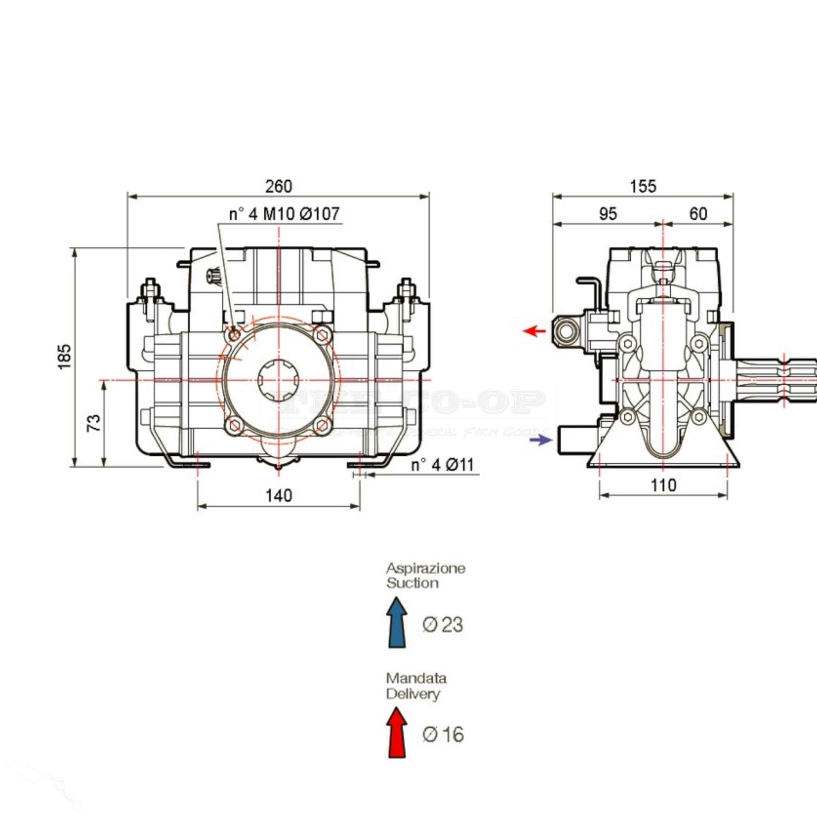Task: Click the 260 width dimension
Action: pyautogui.click(x=278, y=186)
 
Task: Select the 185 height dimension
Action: pyautogui.click(x=65, y=357)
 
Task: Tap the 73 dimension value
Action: pyautogui.click(x=94, y=422)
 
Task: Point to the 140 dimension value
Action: pyautogui.click(x=279, y=495)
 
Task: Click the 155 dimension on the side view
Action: pyautogui.click(x=643, y=186)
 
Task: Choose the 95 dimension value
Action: pyautogui.click(x=608, y=214)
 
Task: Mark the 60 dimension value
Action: pyautogui.click(x=698, y=214)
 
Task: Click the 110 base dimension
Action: pyautogui.click(x=663, y=485)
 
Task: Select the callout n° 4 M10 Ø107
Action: pyautogui.click(x=284, y=214)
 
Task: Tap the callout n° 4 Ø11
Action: pyautogui.click(x=442, y=465)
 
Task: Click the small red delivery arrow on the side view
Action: pyautogui.click(x=535, y=331)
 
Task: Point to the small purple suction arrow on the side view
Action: pyautogui.click(x=541, y=440)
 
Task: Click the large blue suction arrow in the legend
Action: pyautogui.click(x=397, y=622)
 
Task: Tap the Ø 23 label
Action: pyautogui.click(x=442, y=625)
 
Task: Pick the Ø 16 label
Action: pyautogui.click(x=443, y=734)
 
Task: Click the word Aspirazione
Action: pyautogui.click(x=425, y=568)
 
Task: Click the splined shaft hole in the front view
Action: pyautogui.click(x=279, y=380)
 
